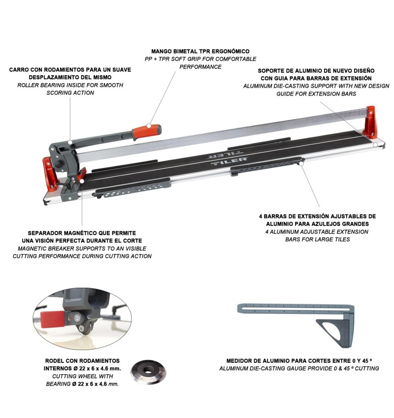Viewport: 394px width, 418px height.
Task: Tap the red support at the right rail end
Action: [x=371, y=122]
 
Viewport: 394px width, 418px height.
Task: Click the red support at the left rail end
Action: [x=49, y=174]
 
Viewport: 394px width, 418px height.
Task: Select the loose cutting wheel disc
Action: [x=148, y=372]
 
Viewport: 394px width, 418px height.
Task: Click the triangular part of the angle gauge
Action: [x=335, y=332]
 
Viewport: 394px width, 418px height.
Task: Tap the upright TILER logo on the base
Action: [x=229, y=162]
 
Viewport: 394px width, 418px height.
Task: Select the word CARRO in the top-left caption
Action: [x=18, y=70]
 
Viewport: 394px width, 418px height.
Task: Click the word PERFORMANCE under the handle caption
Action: [x=200, y=67]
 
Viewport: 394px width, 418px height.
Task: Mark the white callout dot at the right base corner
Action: [x=375, y=145]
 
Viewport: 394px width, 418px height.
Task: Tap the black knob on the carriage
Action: [x=59, y=164]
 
